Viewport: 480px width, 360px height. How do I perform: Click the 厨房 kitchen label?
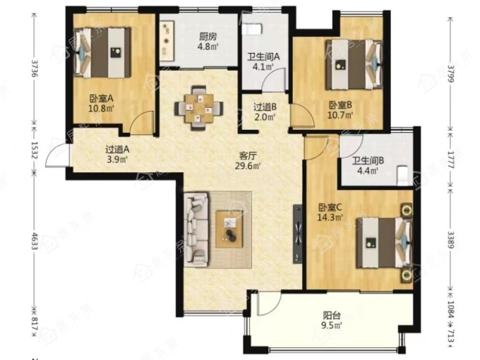(x=208, y=37)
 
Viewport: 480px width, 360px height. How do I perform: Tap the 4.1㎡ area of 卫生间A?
(x=265, y=67)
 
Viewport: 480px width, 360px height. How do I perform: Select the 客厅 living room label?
(x=247, y=156)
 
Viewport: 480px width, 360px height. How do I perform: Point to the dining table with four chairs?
(x=199, y=108)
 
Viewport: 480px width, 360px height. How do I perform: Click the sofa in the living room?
(x=196, y=229)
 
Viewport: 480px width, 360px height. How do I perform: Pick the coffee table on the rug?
(x=229, y=229)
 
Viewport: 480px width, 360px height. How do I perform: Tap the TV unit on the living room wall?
(x=298, y=234)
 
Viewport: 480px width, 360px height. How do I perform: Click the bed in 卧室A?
(x=103, y=53)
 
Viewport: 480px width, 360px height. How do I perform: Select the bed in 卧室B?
(x=354, y=65)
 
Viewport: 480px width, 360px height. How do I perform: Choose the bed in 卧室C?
(x=385, y=243)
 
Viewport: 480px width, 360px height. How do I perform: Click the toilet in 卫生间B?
(x=402, y=176)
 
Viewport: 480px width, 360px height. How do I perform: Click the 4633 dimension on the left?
(x=35, y=241)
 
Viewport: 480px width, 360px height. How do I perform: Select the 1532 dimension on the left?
(x=35, y=150)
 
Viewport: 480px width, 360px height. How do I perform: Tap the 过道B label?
(x=265, y=107)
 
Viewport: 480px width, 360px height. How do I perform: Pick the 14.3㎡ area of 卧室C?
(x=330, y=218)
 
